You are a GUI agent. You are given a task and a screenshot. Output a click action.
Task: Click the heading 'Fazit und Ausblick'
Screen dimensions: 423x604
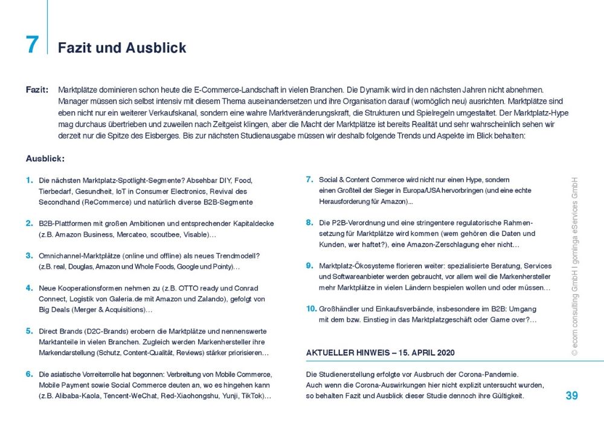click(x=122, y=48)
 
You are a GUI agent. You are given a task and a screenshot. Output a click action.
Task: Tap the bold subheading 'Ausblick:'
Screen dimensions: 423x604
click(x=45, y=159)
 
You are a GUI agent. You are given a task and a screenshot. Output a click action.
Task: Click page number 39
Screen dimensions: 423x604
click(x=571, y=396)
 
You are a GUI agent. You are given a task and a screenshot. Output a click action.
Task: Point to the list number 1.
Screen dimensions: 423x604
click(x=29, y=180)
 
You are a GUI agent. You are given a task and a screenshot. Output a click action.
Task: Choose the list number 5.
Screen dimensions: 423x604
click(x=29, y=331)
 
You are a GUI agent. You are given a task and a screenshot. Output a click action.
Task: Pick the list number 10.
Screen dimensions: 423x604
click(x=311, y=309)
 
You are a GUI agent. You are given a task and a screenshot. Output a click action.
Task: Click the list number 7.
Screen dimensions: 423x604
click(x=309, y=179)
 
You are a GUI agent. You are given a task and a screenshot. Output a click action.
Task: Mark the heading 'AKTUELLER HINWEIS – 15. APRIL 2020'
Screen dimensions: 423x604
click(x=381, y=352)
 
